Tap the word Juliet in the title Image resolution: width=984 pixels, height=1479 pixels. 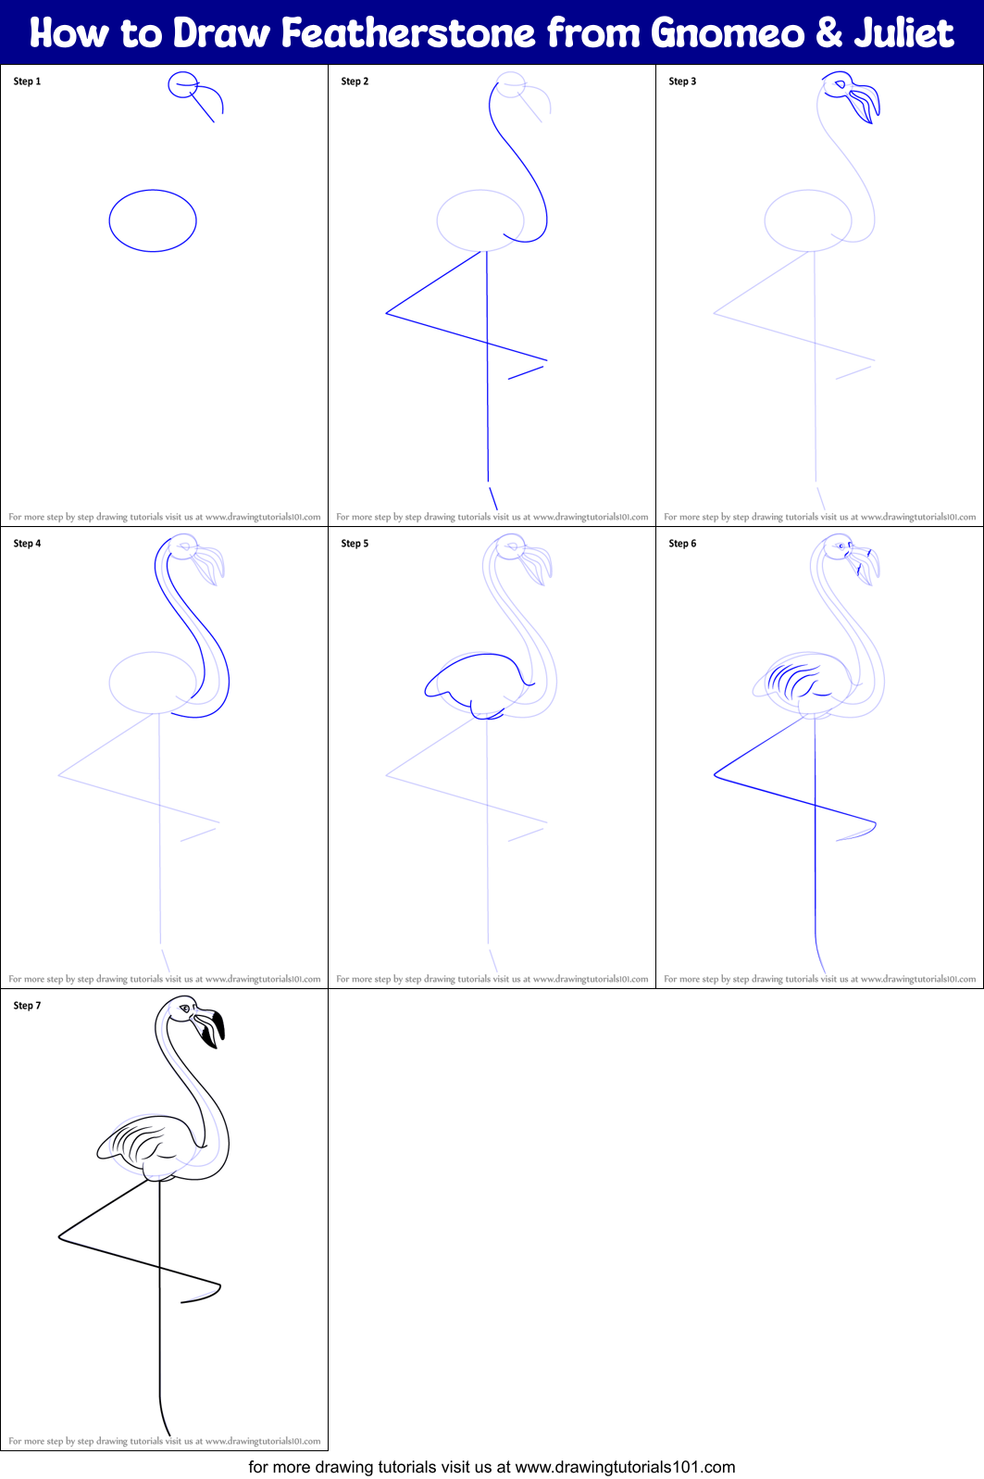(x=903, y=33)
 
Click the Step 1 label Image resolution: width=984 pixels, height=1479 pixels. (x=27, y=81)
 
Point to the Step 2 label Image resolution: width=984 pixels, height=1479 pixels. (x=355, y=81)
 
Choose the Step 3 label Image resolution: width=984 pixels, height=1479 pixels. (x=682, y=81)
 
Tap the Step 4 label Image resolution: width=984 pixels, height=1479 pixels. (x=27, y=544)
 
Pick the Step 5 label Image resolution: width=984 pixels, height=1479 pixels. (x=355, y=544)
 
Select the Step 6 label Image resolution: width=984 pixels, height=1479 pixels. (x=682, y=544)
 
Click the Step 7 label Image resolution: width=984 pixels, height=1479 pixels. (x=27, y=1006)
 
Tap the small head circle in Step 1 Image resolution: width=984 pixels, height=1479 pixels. (x=182, y=85)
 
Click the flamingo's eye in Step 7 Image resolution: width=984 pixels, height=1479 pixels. (x=185, y=1009)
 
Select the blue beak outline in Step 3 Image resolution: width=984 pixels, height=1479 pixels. (x=865, y=101)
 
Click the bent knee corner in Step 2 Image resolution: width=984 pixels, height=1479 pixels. (x=387, y=313)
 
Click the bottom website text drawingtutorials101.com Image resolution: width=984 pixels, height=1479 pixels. (x=625, y=1467)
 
